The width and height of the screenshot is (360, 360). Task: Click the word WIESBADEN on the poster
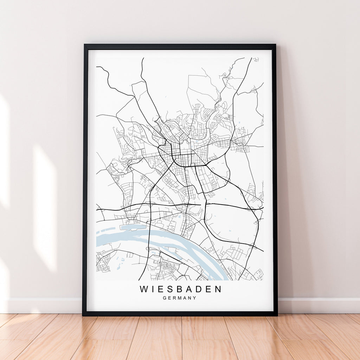pos(181,289)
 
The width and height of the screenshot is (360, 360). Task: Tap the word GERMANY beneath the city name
pos(179,298)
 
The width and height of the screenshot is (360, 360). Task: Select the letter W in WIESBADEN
pos(144,289)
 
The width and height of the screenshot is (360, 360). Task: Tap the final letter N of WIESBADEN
pos(218,289)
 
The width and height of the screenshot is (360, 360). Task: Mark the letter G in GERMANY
pos(165,298)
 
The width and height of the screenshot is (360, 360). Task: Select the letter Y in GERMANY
pos(194,298)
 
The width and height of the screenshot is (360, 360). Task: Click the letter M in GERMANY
pos(179,298)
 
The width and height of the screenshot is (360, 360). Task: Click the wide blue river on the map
pos(116,239)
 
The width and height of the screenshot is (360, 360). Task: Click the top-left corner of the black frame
pos(84,45)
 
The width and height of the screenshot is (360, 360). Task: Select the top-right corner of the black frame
pos(275,45)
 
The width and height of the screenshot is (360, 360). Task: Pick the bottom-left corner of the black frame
pos(83,315)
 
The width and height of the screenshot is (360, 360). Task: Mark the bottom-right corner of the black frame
pos(277,315)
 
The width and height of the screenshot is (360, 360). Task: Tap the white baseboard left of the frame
pos(42,306)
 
